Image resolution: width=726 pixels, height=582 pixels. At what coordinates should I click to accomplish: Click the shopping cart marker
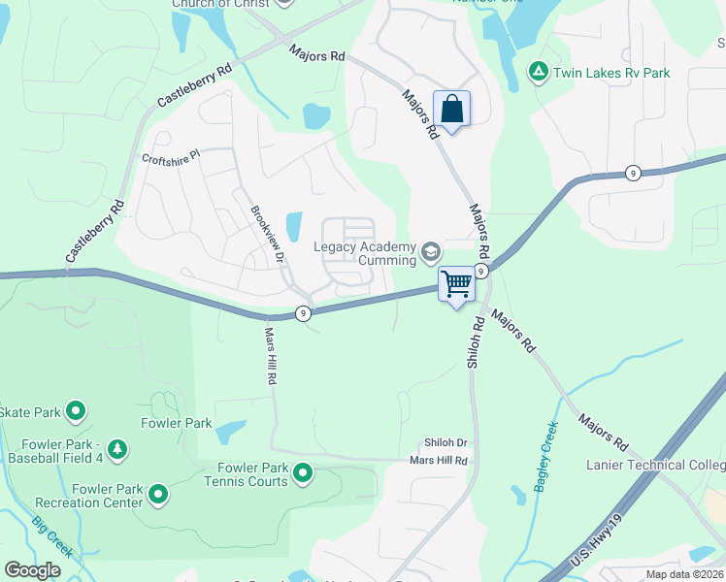456,284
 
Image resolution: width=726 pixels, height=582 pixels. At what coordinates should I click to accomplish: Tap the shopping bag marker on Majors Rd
451,108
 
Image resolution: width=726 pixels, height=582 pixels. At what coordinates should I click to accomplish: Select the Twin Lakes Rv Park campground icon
537,71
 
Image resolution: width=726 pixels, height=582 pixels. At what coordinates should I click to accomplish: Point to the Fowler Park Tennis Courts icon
303,473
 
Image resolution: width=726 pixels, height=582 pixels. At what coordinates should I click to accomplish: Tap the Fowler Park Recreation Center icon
157,496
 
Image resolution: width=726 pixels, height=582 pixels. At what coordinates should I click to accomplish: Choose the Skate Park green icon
75,412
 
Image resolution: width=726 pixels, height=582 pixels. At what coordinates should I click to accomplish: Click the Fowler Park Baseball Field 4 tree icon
116,448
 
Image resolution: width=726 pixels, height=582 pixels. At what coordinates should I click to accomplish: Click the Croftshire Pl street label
171,155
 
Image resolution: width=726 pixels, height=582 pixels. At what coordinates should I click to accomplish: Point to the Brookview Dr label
267,234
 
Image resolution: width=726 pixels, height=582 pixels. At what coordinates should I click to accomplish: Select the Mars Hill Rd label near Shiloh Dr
439,460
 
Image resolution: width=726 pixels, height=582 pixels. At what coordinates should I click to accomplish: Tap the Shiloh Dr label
445,441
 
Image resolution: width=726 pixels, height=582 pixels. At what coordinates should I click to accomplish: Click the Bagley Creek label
544,456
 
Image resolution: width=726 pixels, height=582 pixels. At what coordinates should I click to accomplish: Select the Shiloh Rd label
475,341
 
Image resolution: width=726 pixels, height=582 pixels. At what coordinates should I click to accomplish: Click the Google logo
33,570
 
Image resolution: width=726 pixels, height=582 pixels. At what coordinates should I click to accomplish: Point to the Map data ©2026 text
684,574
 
